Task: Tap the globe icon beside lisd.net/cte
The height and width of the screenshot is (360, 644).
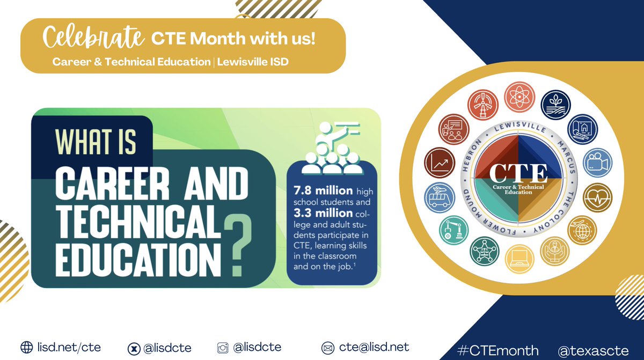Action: (x=26, y=347)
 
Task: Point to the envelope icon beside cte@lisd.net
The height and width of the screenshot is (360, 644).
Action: (x=327, y=347)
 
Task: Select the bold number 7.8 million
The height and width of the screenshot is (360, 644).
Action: (x=323, y=190)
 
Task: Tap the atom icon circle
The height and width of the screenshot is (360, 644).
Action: (x=519, y=97)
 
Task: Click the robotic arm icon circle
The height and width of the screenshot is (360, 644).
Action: (x=453, y=228)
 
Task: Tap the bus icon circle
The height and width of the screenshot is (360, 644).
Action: (x=438, y=196)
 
